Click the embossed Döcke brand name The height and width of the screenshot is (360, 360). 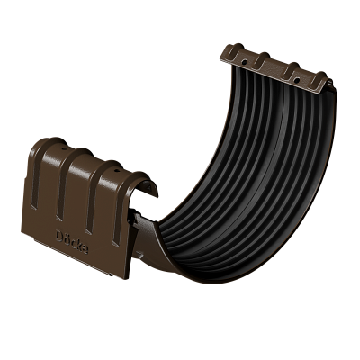point(72,241)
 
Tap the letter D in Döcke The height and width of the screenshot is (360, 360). point(59,236)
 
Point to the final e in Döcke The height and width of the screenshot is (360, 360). point(85,249)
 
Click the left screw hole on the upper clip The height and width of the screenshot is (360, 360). point(245,63)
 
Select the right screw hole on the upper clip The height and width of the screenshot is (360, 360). point(297,80)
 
